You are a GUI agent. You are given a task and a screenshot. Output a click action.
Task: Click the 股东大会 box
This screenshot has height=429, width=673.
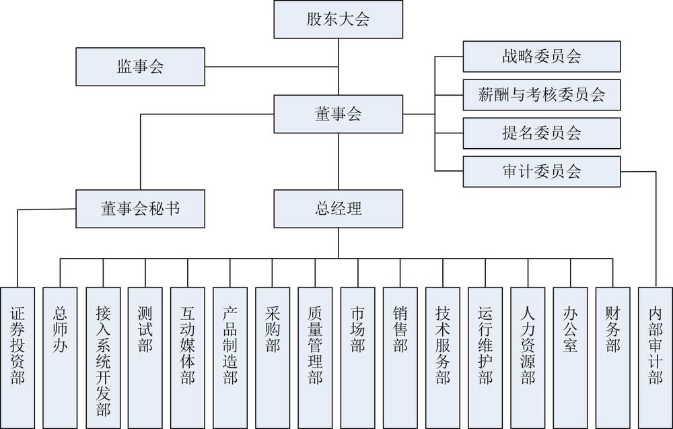pyautogui.click(x=338, y=20)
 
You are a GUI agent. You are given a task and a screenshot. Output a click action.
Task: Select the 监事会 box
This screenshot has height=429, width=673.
pyautogui.click(x=140, y=67)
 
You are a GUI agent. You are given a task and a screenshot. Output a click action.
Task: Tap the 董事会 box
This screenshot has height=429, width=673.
pyautogui.click(x=338, y=114)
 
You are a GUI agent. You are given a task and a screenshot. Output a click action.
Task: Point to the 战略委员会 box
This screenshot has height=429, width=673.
pyautogui.click(x=541, y=57)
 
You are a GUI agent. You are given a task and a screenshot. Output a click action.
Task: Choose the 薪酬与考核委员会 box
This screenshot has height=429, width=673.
pyautogui.click(x=541, y=94)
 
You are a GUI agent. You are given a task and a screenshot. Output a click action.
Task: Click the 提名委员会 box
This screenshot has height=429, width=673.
pyautogui.click(x=541, y=133)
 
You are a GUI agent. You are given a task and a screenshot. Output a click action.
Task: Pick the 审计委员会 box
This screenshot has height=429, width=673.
pyautogui.click(x=541, y=171)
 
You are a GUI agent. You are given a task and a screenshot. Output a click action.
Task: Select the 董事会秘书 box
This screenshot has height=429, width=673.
pyautogui.click(x=140, y=209)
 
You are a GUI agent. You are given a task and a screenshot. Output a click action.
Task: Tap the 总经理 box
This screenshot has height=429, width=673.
pyautogui.click(x=338, y=209)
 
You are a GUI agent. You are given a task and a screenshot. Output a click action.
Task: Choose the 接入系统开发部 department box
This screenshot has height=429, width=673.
pyautogui.click(x=103, y=357)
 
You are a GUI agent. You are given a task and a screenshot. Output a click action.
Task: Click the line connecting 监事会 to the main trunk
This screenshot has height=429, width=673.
pyautogui.click(x=269, y=67)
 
